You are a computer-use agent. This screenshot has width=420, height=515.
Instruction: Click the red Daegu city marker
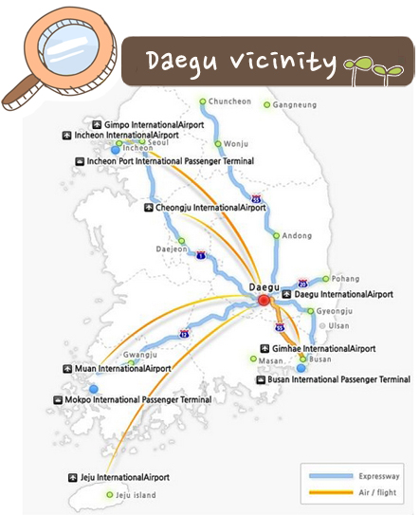(265, 300)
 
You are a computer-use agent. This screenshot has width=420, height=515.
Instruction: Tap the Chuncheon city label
(229, 101)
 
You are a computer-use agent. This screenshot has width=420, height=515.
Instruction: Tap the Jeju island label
(137, 495)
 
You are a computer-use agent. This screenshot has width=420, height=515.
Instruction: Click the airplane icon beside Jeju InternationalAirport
(72, 476)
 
